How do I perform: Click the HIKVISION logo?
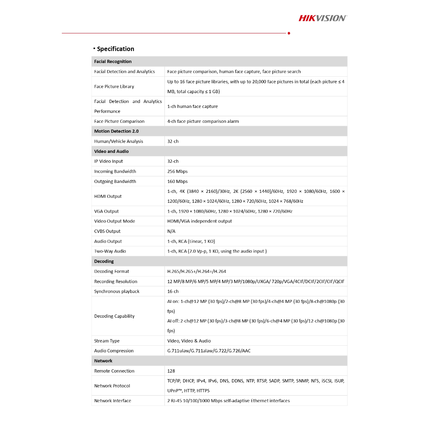pos(323,18)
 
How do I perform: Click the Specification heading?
pos(115,49)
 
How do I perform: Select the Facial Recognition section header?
pos(113,61)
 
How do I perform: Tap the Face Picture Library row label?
pos(114,87)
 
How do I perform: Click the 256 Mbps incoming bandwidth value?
pos(177,171)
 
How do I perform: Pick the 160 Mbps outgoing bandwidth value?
pos(177,181)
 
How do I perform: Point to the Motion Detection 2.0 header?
pos(116,131)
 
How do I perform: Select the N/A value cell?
pos(171,231)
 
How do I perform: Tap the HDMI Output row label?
pos(108,196)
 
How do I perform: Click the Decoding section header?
pos(104,261)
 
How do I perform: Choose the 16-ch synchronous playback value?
pos(173,291)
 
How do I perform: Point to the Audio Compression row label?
pos(114,351)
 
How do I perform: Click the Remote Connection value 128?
pos(171,371)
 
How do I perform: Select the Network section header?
pos(103,361)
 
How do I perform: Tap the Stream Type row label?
pos(107,341)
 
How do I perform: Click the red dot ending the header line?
pos(289,33)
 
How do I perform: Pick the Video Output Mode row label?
pos(115,221)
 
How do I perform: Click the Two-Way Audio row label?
pos(110,251)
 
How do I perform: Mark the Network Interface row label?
pos(113,401)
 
